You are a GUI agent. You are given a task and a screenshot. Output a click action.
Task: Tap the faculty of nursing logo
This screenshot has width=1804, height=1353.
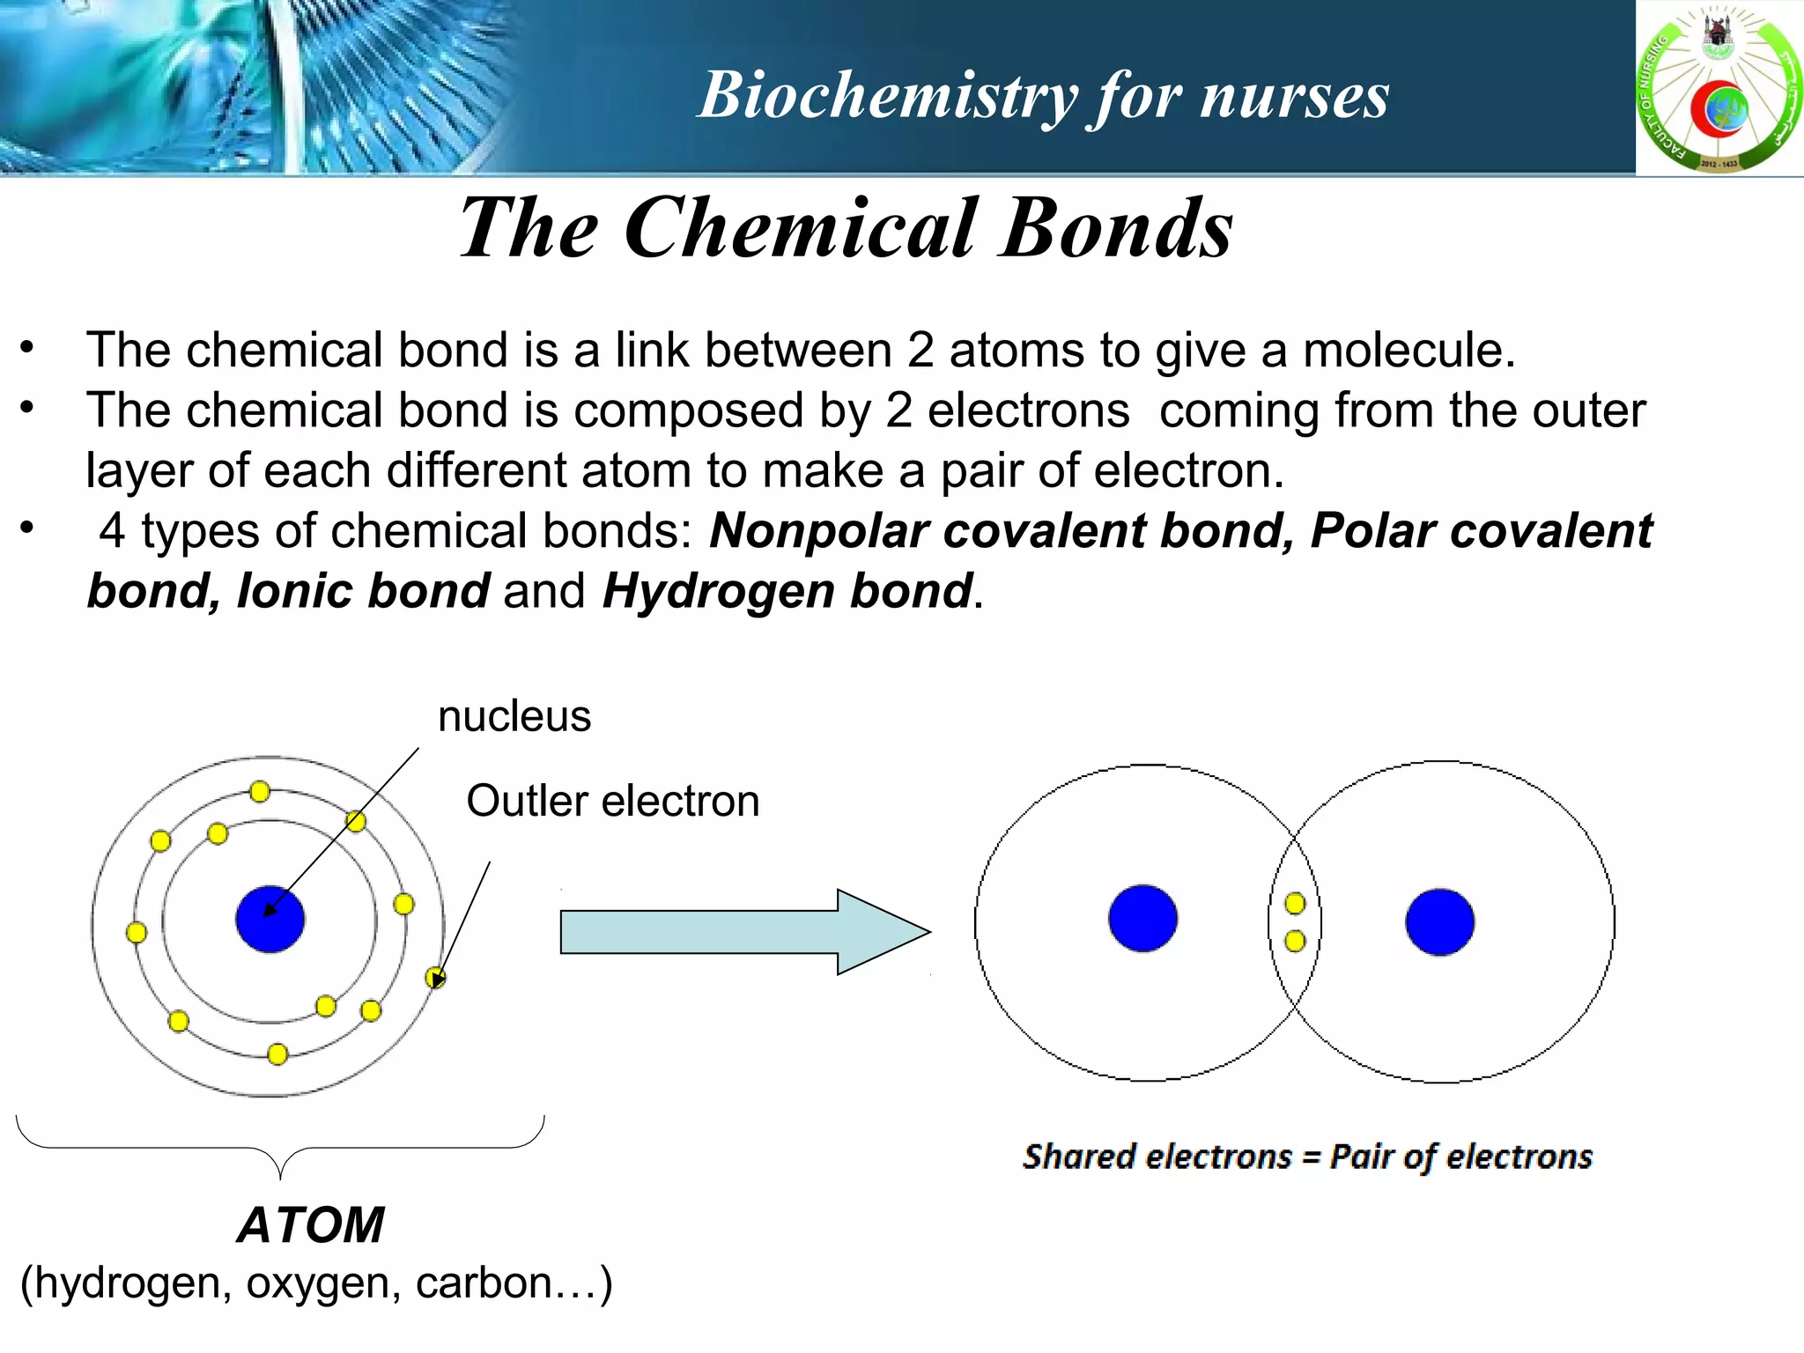pos(1719,88)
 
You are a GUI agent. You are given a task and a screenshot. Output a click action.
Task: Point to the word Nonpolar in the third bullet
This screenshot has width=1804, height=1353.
pos(818,531)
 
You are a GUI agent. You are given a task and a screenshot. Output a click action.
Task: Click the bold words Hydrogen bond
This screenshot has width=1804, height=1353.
pos(787,590)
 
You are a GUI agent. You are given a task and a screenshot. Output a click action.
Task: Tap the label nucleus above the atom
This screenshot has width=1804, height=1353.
pos(514,716)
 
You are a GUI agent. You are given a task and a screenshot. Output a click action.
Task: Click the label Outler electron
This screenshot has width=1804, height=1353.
pos(612,801)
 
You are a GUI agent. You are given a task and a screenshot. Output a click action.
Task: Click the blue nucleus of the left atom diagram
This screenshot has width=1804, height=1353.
pos(270,920)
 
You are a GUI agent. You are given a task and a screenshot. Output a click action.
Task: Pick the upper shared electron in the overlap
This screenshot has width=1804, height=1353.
pos(1295,903)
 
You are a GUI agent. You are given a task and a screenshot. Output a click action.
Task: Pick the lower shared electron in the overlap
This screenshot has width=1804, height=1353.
pos(1295,941)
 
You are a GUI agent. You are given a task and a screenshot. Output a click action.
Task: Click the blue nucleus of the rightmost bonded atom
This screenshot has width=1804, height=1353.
pos(1439,922)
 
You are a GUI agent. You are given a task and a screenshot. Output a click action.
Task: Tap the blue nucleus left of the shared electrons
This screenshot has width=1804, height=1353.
pos(1142,919)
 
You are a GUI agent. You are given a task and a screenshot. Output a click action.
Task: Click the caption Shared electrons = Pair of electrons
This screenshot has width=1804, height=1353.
pos(1307,1156)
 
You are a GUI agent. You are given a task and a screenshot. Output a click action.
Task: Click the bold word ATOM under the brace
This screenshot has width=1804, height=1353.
pos(310,1224)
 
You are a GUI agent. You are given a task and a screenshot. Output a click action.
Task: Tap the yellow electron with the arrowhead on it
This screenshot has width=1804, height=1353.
pos(435,978)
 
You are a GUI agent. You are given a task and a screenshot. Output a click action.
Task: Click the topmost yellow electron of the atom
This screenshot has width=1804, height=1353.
pos(259,792)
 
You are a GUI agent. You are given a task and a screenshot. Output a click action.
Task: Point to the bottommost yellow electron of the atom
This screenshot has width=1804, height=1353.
pos(277,1054)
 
